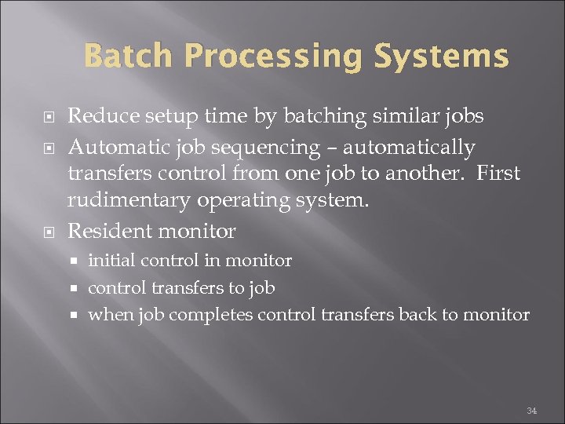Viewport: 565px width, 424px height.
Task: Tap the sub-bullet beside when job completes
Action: [x=77, y=315]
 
